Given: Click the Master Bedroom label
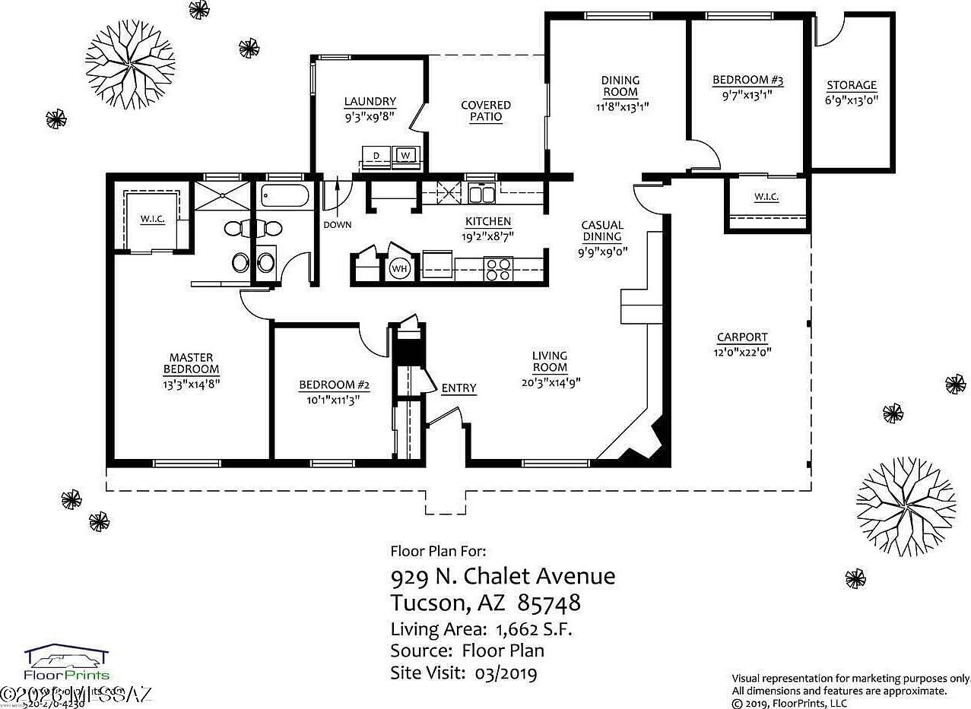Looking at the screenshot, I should pos(191,363).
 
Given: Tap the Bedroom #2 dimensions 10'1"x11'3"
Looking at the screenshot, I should pos(333,399).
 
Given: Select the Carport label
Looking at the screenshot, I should pos(742,337).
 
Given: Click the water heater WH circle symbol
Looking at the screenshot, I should pos(400,268).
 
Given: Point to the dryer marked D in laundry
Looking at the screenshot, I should pos(376,156).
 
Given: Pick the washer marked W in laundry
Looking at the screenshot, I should pos(405,156).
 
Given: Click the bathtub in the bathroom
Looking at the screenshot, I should pos(283,197).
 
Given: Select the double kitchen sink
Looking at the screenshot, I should pos(481,194).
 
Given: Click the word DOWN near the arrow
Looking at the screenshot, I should pos(337,225).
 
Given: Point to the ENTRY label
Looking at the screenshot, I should pos(459,388).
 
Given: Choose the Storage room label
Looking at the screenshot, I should pos(852,85).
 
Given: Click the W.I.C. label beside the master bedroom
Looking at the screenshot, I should pos(152,220).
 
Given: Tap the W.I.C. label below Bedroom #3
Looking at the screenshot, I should pos(766,197).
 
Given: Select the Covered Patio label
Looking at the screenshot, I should pos(486,111).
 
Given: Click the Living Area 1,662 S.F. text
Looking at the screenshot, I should pos(481,629).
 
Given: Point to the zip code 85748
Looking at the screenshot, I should pos(549,603).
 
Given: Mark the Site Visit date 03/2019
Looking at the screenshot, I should pos(506,673).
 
